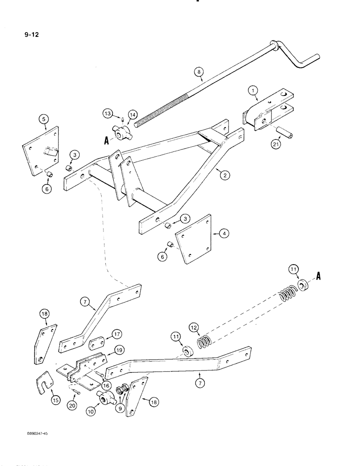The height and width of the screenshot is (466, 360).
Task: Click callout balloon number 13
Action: [107, 114]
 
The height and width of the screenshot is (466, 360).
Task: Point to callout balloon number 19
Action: [119, 349]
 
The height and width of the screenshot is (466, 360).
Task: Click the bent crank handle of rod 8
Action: [303, 60]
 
